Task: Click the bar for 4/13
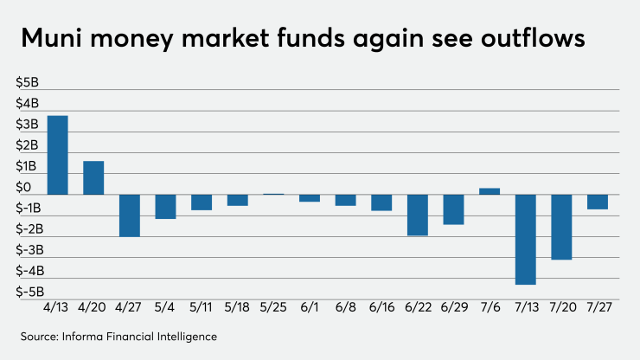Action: pos(57,155)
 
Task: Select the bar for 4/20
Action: pos(93,177)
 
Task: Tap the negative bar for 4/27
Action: pos(130,215)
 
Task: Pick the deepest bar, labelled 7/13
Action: pos(525,239)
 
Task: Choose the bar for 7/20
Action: pos(561,227)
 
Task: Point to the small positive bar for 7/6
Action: pos(490,191)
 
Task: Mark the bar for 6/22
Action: pos(418,215)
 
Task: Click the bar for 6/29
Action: pos(453,209)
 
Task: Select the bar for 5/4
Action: pos(165,206)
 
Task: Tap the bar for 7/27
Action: pos(598,202)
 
